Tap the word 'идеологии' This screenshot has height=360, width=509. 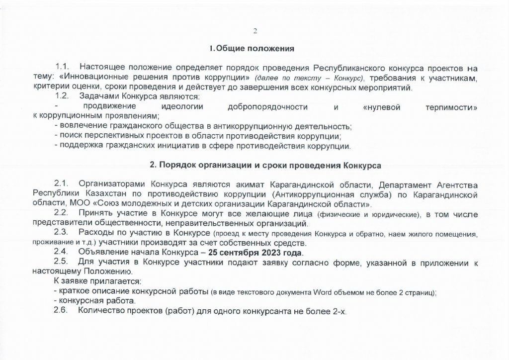[178, 106]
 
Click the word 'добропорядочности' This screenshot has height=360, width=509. [268, 106]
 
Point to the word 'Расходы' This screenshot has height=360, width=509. [95, 233]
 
